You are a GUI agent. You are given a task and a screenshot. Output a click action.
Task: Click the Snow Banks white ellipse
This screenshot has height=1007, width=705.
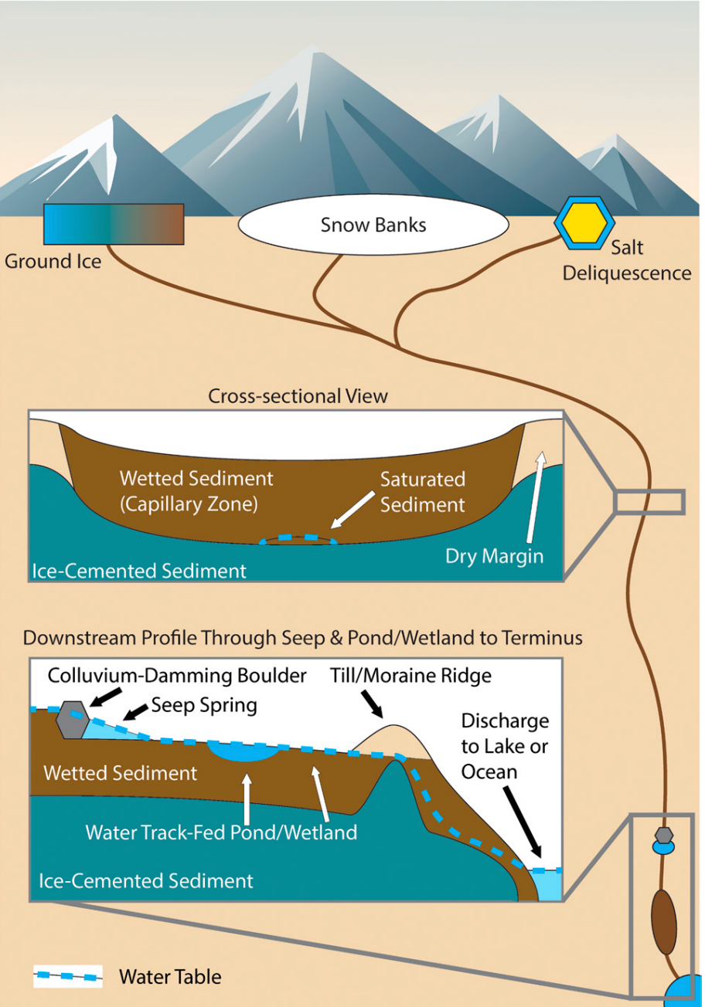pyautogui.click(x=373, y=225)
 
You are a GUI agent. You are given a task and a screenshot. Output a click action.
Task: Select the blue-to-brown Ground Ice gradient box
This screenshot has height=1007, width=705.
pyautogui.click(x=114, y=224)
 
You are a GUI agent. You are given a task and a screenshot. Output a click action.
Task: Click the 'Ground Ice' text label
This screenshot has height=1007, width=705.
pyautogui.click(x=53, y=261)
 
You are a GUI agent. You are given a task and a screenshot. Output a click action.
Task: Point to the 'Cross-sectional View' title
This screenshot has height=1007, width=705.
pyautogui.click(x=298, y=396)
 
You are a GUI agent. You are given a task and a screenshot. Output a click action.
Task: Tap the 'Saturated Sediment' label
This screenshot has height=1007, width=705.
pyautogui.click(x=422, y=491)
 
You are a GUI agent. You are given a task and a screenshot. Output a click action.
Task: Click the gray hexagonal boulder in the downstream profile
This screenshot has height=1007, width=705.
pyautogui.click(x=72, y=720)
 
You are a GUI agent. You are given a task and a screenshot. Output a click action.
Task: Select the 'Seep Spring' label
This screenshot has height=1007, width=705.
pyautogui.click(x=204, y=704)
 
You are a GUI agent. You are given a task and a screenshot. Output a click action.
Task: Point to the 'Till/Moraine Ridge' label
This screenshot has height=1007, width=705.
pyautogui.click(x=410, y=676)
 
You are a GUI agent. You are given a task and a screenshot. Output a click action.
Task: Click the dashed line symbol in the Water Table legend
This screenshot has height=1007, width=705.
pyautogui.click(x=68, y=976)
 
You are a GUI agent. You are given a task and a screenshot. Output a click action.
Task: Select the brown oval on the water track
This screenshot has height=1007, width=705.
pyautogui.click(x=663, y=922)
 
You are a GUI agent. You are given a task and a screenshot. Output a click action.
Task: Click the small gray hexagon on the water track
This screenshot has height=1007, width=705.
pyautogui.click(x=662, y=835)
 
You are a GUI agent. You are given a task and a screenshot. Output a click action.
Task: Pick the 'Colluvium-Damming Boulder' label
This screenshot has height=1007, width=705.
pyautogui.click(x=177, y=676)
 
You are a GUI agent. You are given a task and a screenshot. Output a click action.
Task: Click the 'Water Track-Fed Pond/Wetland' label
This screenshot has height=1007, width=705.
pyautogui.click(x=221, y=832)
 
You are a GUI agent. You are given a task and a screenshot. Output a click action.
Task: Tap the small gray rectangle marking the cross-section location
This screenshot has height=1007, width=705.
pyautogui.click(x=649, y=501)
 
